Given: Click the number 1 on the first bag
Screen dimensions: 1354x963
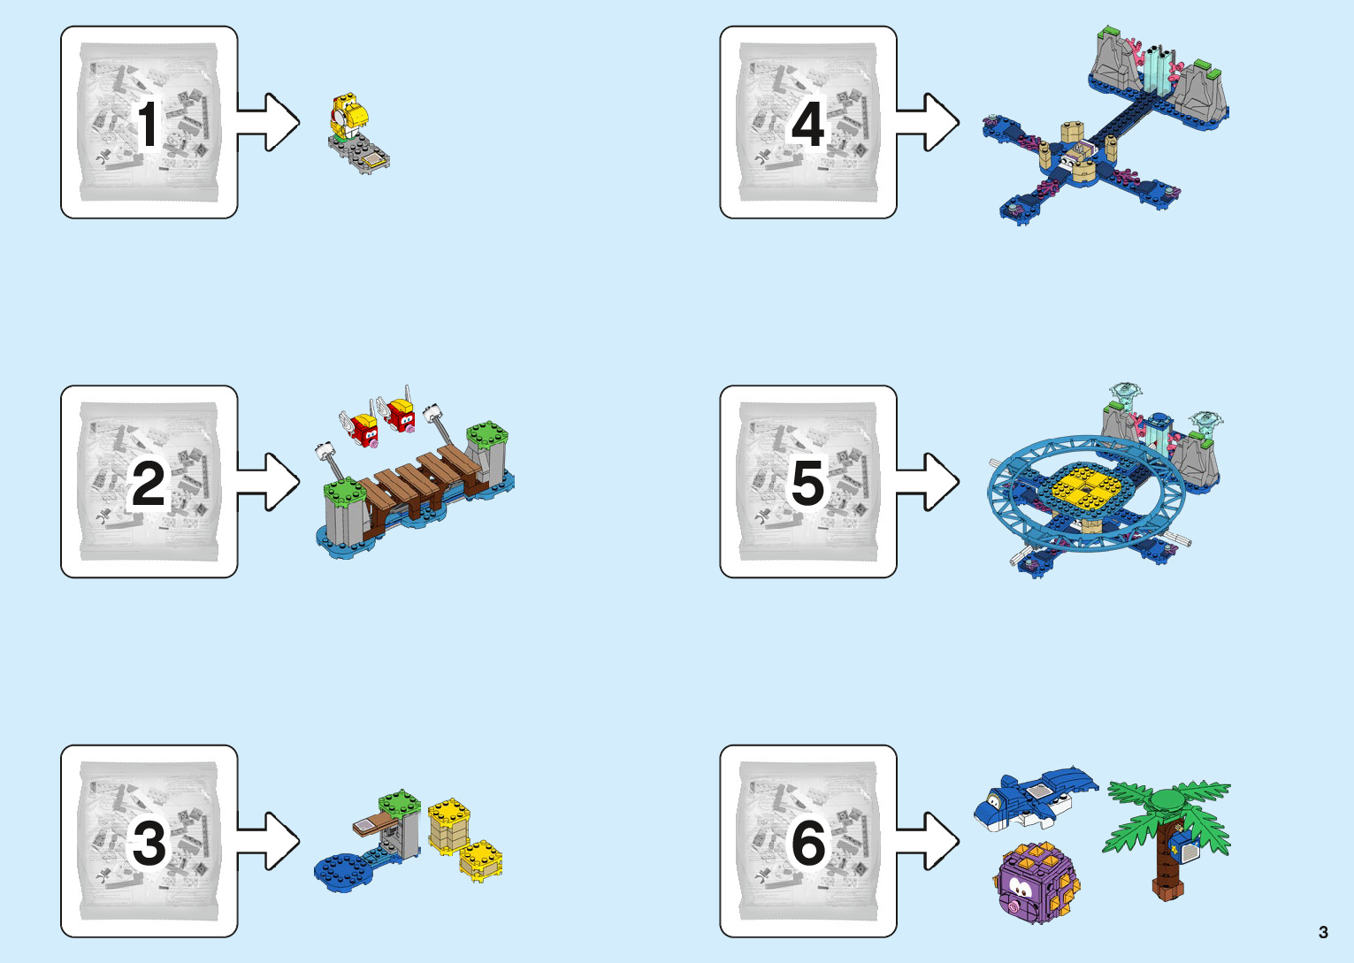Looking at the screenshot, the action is click(149, 124).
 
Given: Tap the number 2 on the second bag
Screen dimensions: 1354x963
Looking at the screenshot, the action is click(149, 483).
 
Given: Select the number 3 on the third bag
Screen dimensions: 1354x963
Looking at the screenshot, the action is click(149, 843).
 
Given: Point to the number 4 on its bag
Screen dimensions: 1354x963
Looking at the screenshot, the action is click(807, 124).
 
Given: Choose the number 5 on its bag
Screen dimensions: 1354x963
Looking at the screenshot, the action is click(807, 483).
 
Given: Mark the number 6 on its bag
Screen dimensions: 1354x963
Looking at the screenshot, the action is click(807, 843).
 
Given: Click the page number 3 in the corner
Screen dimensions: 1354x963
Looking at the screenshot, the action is click(1323, 932).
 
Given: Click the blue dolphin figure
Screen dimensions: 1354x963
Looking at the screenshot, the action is click(1035, 796).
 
